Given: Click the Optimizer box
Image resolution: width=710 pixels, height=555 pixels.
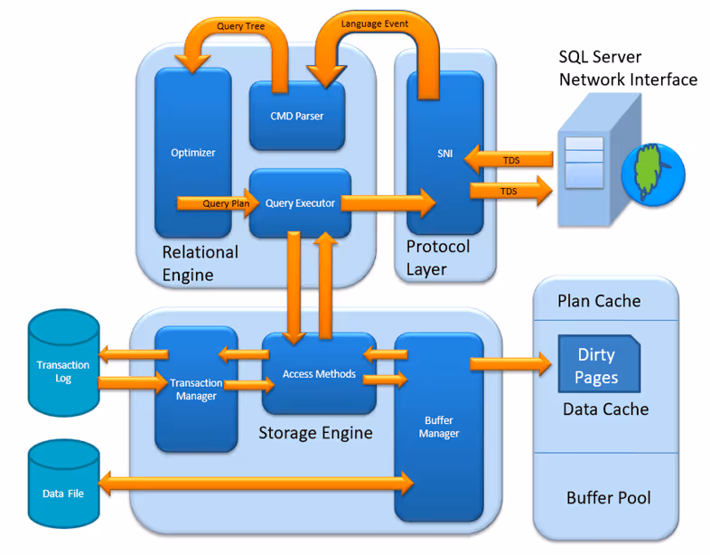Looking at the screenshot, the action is (193, 153).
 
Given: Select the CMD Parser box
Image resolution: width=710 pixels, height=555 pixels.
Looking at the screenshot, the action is (297, 116).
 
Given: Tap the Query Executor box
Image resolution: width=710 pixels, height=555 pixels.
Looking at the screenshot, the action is (300, 203).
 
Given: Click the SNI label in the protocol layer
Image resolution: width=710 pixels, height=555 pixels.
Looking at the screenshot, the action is (445, 154).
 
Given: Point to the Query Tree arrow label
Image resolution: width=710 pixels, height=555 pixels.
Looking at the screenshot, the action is (240, 26).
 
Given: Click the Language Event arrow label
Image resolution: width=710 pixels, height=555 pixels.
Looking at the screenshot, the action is (375, 24).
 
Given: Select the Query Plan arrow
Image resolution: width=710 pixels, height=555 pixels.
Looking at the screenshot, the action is (218, 203).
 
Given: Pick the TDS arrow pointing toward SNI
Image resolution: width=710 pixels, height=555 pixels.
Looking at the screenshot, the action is (509, 160).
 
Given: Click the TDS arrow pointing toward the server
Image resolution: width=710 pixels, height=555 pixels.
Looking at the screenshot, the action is (511, 191).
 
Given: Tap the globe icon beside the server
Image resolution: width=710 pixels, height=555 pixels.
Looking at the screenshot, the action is (653, 174).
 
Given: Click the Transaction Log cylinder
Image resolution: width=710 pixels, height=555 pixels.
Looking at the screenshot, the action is (64, 362).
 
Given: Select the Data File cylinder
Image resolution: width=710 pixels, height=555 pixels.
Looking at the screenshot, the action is (64, 484).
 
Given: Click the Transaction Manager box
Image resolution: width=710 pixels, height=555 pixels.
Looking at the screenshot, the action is (196, 390).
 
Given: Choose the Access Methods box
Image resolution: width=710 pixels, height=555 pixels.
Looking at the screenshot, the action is (319, 374).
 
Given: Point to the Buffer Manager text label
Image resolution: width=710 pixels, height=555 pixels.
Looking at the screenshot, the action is (439, 427).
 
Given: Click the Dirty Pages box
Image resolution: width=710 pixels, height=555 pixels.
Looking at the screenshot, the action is (599, 363).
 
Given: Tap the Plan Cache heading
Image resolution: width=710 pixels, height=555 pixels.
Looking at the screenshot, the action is (599, 301).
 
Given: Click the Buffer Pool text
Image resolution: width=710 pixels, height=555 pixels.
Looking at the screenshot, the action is (609, 497).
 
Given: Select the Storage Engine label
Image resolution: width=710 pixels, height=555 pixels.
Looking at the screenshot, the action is (315, 433).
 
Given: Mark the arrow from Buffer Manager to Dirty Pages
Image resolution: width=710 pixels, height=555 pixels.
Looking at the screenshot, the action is (510, 363).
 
